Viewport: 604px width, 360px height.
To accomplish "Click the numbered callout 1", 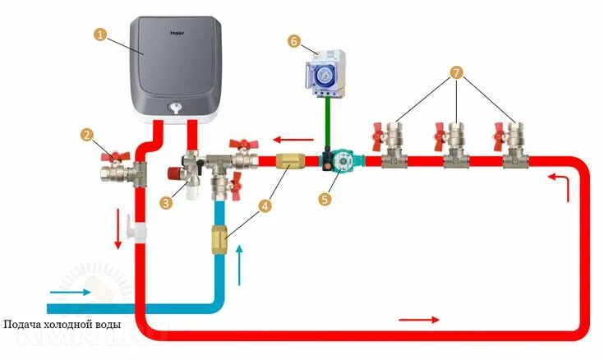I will coord(100,35).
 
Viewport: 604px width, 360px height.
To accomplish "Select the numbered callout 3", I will coord(167,200).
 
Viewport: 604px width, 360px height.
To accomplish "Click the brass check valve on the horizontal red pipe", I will coord(291,160).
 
